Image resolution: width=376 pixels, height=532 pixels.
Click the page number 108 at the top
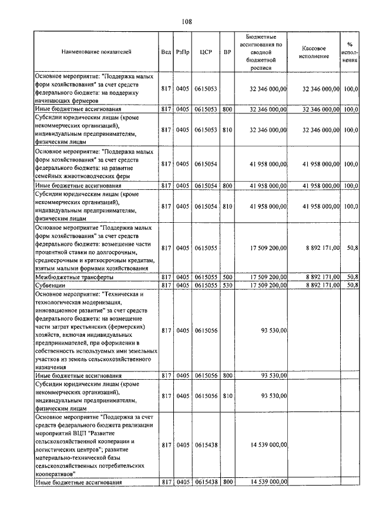point(187,22)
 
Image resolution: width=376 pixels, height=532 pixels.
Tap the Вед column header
point(166,52)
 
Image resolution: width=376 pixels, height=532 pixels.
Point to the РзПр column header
point(182,52)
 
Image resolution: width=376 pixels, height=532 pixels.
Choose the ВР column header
point(227,52)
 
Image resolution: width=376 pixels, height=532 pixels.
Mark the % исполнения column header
point(350,52)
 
